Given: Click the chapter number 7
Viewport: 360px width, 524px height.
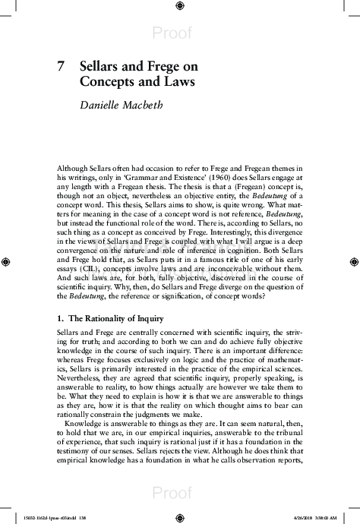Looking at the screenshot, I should (61, 66).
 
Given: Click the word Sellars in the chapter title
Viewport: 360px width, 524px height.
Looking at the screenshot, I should (99, 66).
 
